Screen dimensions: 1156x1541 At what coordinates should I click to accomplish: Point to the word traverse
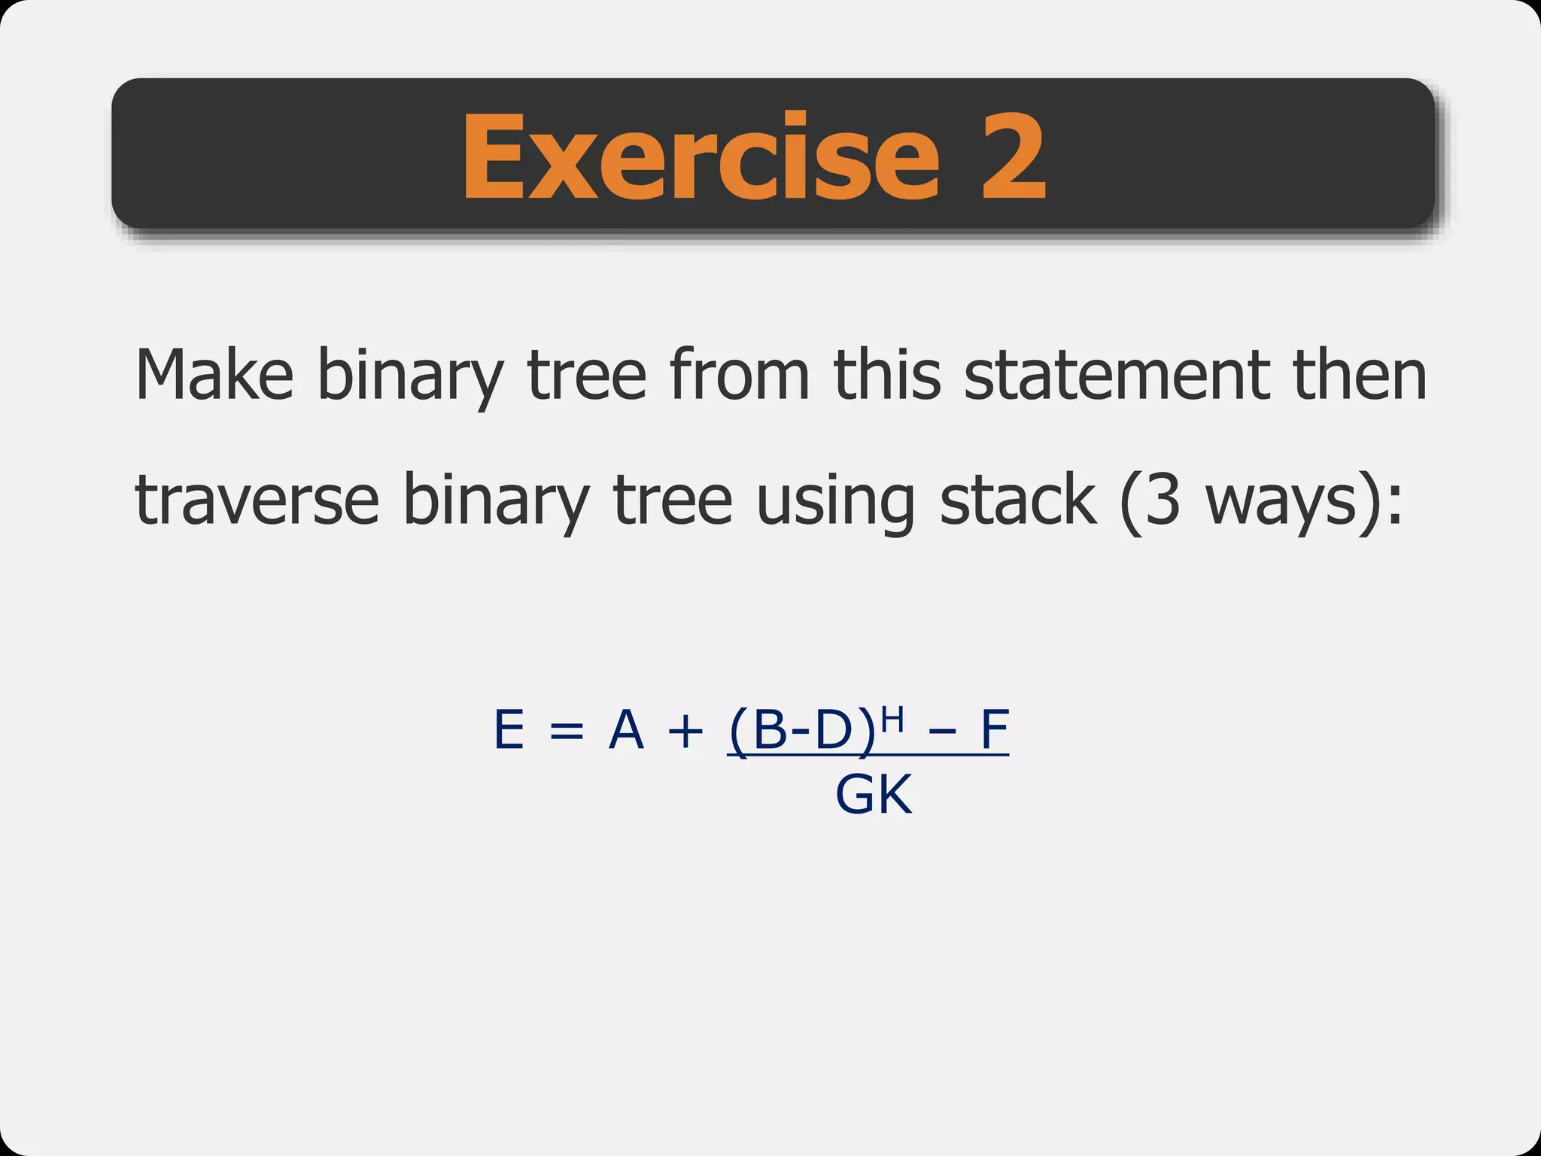coord(257,500)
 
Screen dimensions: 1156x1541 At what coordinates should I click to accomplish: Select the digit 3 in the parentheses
coord(1163,500)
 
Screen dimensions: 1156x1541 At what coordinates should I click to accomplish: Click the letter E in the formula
coord(509,729)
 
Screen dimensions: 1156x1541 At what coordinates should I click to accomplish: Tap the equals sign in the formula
coord(566,731)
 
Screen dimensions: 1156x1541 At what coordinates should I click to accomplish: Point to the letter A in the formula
coord(626,729)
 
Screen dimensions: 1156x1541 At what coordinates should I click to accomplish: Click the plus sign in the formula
coord(685,731)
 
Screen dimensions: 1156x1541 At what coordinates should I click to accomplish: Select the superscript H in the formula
coord(892,719)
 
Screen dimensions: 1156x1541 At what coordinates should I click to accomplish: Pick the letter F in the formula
coord(994,729)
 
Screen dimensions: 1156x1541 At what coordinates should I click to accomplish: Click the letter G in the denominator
coord(855,795)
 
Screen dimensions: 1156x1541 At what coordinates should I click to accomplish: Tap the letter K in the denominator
coord(895,795)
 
